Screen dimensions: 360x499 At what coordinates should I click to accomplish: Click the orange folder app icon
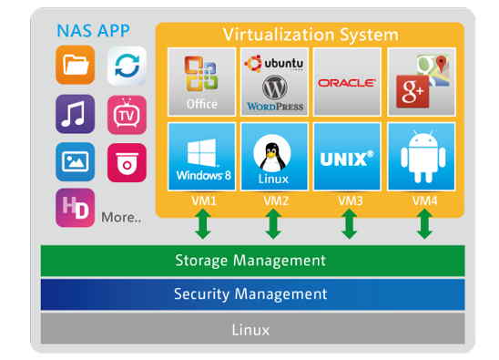[x=75, y=67]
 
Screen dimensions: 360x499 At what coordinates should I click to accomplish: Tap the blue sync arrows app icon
[x=127, y=67]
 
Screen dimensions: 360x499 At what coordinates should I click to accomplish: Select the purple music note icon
[x=75, y=114]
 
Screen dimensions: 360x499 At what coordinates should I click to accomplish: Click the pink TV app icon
[x=127, y=114]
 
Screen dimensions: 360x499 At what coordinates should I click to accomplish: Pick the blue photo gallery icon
[x=75, y=161]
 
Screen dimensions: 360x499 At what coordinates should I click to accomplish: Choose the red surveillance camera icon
[x=127, y=162]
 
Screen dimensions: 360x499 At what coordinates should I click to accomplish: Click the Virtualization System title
[x=311, y=35]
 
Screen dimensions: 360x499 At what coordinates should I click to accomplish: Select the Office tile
[x=201, y=82]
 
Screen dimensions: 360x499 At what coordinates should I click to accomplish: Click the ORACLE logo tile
[x=347, y=82]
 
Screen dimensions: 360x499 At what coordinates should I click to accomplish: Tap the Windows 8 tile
[x=201, y=156]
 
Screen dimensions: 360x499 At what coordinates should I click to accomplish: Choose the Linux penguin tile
[x=274, y=156]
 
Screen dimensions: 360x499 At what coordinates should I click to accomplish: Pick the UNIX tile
[x=347, y=156]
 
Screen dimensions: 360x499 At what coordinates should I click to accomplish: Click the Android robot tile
[x=421, y=156]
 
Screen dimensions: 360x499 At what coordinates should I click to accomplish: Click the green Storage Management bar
[x=252, y=261]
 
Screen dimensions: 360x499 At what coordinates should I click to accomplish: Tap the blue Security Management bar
[x=252, y=294]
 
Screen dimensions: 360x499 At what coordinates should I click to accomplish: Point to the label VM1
[x=201, y=200]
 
